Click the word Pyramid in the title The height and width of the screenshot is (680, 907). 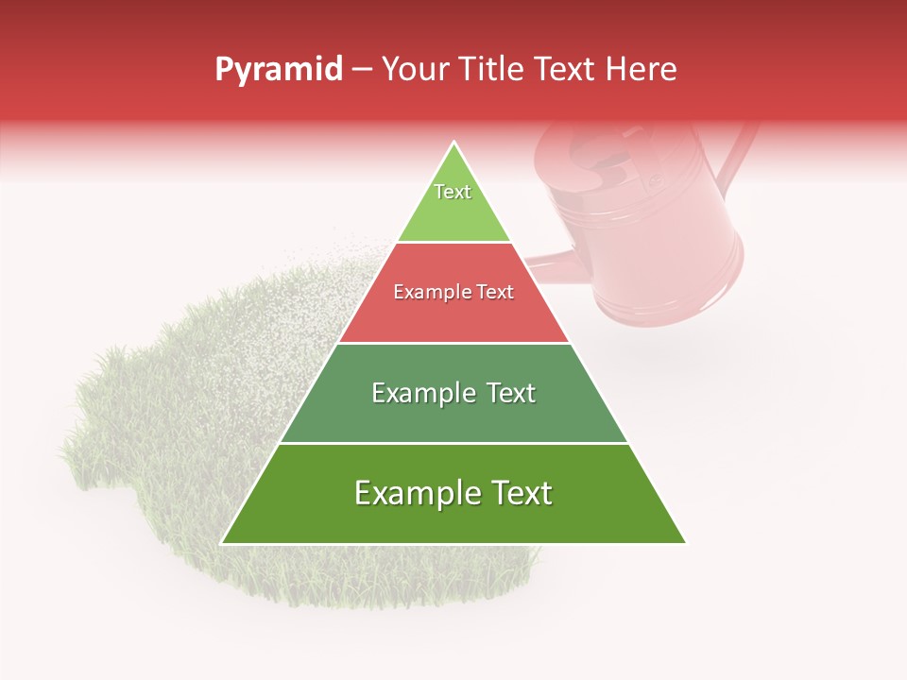click(279, 70)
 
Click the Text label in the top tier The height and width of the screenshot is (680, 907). click(453, 192)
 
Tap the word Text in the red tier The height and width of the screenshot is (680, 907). click(495, 293)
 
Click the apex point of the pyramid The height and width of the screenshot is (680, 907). click(453, 144)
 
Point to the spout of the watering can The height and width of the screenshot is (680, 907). click(548, 259)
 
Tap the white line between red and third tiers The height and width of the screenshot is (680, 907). click(453, 343)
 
